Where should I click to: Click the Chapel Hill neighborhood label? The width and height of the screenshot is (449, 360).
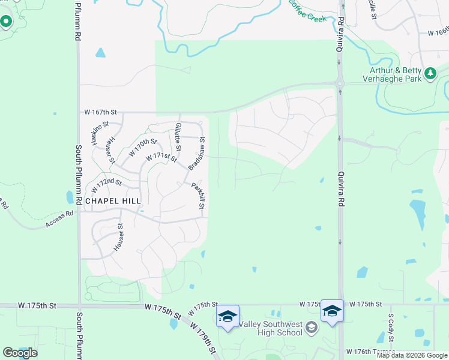pyautogui.click(x=113, y=201)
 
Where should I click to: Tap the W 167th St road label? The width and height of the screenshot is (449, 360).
pyautogui.click(x=100, y=112)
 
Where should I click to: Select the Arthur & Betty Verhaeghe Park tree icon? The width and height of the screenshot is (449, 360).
pyautogui.click(x=430, y=73)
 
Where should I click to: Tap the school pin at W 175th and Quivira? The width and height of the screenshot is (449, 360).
pyautogui.click(x=332, y=311)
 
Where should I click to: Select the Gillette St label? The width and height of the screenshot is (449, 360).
pyautogui.click(x=178, y=137)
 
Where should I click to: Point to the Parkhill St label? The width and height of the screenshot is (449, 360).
pyautogui.click(x=199, y=197)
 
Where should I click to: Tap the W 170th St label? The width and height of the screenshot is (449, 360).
pyautogui.click(x=142, y=148)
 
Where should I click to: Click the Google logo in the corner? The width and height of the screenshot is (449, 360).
pyautogui.click(x=20, y=353)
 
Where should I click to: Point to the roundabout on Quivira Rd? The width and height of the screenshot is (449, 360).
pyautogui.click(x=340, y=83)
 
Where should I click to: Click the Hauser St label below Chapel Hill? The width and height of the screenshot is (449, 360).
pyautogui.click(x=119, y=238)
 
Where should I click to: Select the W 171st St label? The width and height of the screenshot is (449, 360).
pyautogui.click(x=161, y=157)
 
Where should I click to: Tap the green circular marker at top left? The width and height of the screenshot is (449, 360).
pyautogui.click(x=7, y=22)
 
